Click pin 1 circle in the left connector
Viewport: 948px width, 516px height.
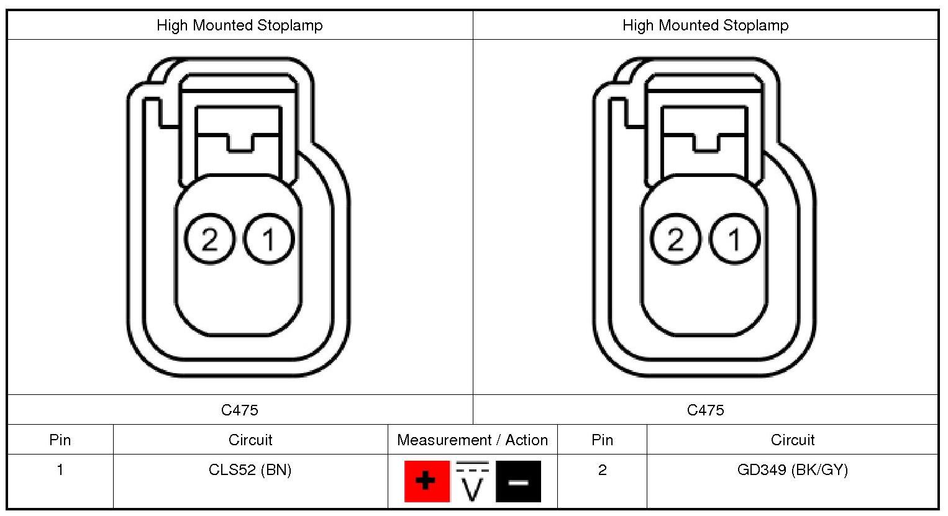click(269, 239)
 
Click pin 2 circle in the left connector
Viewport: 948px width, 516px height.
click(210, 239)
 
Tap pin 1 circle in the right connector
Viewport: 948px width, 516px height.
click(735, 239)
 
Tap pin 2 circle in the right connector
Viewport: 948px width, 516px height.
click(676, 239)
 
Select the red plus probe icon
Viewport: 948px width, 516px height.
click(426, 481)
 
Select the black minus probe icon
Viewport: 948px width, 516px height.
click(519, 481)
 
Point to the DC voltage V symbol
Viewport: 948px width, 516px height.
click(473, 481)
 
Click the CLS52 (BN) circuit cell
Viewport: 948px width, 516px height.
click(250, 470)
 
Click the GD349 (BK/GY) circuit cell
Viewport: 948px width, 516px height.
click(792, 470)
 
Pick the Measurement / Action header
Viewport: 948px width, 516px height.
click(473, 440)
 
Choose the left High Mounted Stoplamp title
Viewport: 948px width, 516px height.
click(240, 25)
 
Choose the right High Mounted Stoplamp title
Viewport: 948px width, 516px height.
click(706, 25)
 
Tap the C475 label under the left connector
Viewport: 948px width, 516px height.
click(240, 410)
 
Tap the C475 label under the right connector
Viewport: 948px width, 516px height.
click(706, 410)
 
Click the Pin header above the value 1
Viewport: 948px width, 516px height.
click(60, 440)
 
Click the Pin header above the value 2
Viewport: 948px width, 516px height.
click(602, 440)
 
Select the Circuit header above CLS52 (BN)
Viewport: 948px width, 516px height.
click(250, 440)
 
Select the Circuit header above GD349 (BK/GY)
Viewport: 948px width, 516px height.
click(792, 440)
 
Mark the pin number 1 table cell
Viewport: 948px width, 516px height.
click(60, 470)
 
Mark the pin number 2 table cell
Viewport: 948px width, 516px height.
click(602, 470)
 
